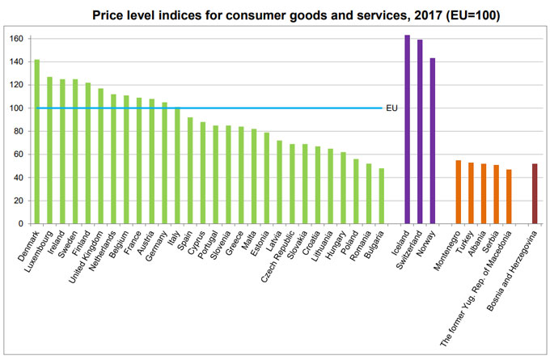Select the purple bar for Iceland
(x=407, y=129)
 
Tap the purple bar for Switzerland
(x=420, y=132)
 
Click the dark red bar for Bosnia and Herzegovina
(x=535, y=193)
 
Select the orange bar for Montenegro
(x=458, y=192)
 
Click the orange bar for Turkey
(x=471, y=193)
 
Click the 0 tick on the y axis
(x=23, y=224)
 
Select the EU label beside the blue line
(x=391, y=108)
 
